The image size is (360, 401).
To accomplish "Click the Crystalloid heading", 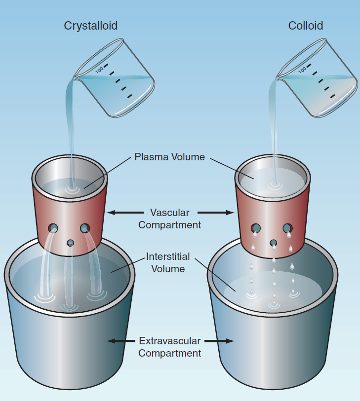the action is (x=91, y=26).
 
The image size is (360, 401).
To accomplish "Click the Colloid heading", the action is (x=306, y=26).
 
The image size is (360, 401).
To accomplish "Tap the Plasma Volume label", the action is (x=169, y=157).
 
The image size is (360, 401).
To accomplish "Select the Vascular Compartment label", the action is (x=169, y=219).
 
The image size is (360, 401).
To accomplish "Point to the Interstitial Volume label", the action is (x=168, y=262).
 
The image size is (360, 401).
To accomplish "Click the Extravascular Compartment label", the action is (x=169, y=347).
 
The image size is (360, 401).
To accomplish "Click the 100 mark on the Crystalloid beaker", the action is (x=99, y=70).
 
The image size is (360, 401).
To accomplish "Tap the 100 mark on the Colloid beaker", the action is (x=302, y=70).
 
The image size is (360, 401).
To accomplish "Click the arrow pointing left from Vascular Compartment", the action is (x=125, y=213).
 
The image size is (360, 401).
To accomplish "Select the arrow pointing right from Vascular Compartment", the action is (x=216, y=213).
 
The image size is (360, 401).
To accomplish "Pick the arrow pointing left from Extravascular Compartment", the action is (x=121, y=341).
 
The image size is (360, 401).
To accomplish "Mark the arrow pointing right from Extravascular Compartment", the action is (x=220, y=341).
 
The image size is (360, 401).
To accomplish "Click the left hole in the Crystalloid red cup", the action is (x=53, y=228).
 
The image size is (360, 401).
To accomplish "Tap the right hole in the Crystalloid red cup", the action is (x=85, y=228).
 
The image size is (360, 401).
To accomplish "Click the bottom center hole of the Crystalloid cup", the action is (x=70, y=243).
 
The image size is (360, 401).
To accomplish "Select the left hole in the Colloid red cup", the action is (x=255, y=228).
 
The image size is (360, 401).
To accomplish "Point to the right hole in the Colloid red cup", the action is (x=287, y=228).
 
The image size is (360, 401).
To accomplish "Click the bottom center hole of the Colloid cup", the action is (x=273, y=243).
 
